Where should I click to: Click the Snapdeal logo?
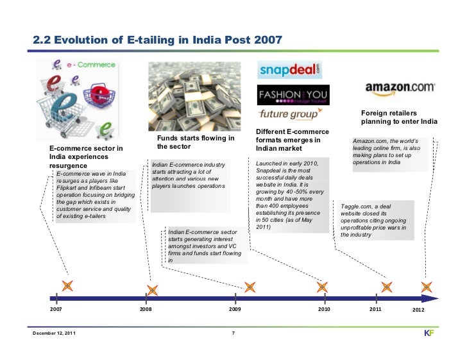[x=289, y=70]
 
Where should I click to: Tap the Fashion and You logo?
[x=289, y=96]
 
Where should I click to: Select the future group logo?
[x=288, y=115]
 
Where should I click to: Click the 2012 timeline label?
[x=420, y=310]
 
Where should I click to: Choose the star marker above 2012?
[x=427, y=287]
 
